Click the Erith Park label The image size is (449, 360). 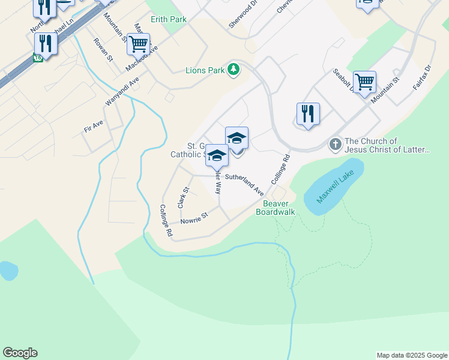pos(169,19)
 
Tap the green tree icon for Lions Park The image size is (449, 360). pos(234,70)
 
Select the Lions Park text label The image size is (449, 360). pos(204,70)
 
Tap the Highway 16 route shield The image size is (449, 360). pos(38,58)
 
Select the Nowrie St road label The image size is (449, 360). pos(194,216)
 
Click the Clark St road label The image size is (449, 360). pos(183,197)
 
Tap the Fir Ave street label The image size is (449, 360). pos(94,126)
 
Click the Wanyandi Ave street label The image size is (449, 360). pos(122,91)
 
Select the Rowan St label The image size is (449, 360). pos(103,50)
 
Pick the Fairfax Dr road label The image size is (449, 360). pos(422,78)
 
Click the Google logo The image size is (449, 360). pos(20,353)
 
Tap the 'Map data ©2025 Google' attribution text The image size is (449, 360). pos(411,355)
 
